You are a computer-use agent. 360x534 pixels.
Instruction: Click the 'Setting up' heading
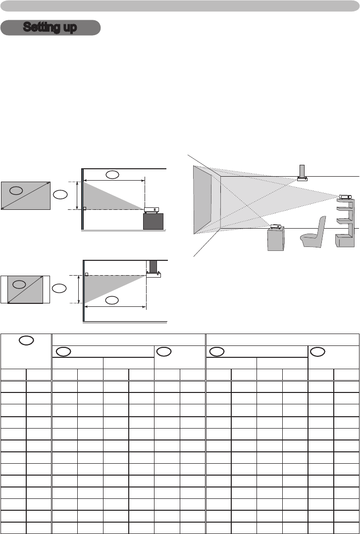click(x=50, y=28)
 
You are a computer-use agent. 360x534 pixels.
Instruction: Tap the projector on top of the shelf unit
click(x=345, y=197)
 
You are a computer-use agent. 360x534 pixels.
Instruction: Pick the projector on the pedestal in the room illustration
click(x=275, y=227)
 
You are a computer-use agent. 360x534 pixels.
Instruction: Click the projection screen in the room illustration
click(x=203, y=199)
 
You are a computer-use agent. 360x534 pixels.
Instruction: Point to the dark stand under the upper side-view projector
click(x=153, y=221)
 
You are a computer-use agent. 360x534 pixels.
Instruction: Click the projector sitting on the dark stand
click(x=152, y=210)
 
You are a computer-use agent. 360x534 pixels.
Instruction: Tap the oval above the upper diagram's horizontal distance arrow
click(x=112, y=175)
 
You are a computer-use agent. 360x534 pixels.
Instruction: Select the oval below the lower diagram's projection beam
click(x=112, y=300)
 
